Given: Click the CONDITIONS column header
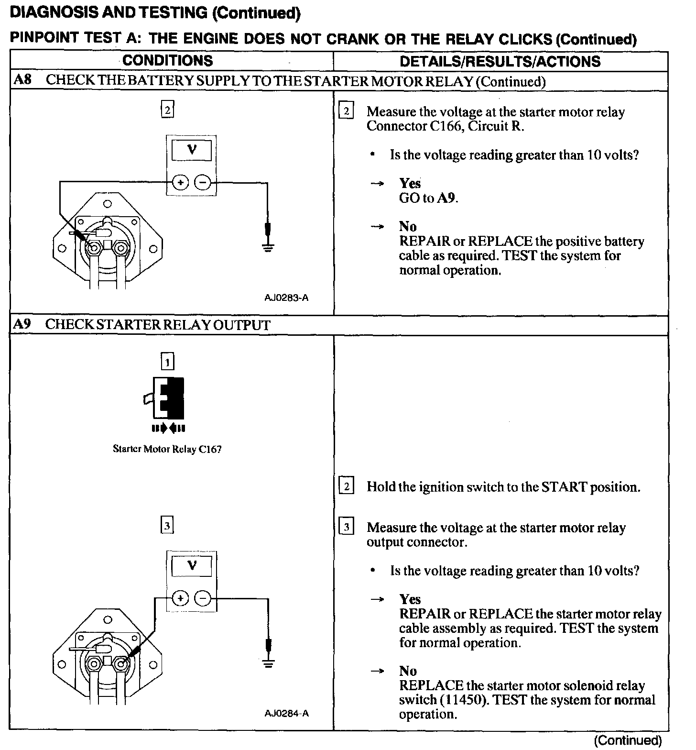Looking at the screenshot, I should [167, 61].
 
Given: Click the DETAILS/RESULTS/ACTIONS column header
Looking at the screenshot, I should [500, 61].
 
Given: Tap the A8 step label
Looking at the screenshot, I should [22, 80].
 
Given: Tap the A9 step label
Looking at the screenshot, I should [22, 324].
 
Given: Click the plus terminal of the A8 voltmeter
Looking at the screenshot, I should [180, 182].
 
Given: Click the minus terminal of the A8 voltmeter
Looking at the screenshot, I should [203, 182].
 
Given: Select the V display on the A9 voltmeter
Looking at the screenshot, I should [192, 566].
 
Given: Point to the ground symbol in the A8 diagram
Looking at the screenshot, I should [268, 247].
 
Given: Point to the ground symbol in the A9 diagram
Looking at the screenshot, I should [269, 663].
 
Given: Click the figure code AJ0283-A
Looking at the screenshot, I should [286, 298].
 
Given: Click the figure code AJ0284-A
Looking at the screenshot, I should [286, 713].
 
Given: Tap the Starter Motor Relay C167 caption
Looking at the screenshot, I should [167, 449].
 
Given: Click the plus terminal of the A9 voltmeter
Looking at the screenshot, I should [180, 598].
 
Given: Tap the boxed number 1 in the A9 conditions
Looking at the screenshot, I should [167, 362].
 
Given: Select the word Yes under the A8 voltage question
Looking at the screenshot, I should [410, 184].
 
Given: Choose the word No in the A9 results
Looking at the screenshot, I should [408, 671].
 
